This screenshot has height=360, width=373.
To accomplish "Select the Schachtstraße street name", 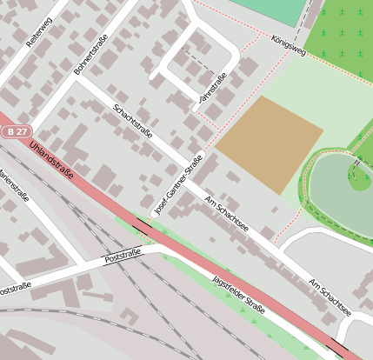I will pyautogui.click(x=133, y=122).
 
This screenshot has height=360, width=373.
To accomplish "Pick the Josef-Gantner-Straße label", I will pyautogui.click(x=178, y=184).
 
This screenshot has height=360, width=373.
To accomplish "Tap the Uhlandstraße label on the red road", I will pyautogui.click(x=50, y=163).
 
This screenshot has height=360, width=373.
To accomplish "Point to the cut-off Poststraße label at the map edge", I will pyautogui.click(x=15, y=286).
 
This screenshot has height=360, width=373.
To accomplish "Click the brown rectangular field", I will pyautogui.click(x=269, y=144).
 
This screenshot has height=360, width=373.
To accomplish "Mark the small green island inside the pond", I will pyautogui.click(x=359, y=180).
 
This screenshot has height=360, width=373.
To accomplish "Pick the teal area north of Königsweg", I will pyautogui.click(x=277, y=10).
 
